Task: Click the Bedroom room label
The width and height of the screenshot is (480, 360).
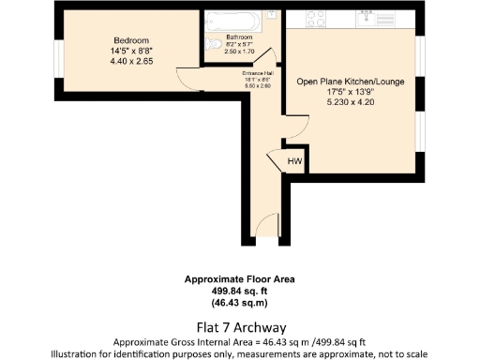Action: click(131, 41)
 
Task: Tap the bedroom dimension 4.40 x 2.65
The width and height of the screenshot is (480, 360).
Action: click(132, 61)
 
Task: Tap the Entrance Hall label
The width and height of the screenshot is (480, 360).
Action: click(257, 73)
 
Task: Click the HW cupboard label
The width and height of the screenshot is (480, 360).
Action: click(294, 161)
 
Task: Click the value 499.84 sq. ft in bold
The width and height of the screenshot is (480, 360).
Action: click(239, 291)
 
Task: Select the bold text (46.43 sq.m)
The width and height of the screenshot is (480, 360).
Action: click(239, 302)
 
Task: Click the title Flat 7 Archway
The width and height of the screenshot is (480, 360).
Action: click(239, 327)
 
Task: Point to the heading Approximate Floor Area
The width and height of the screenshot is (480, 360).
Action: click(239, 279)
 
